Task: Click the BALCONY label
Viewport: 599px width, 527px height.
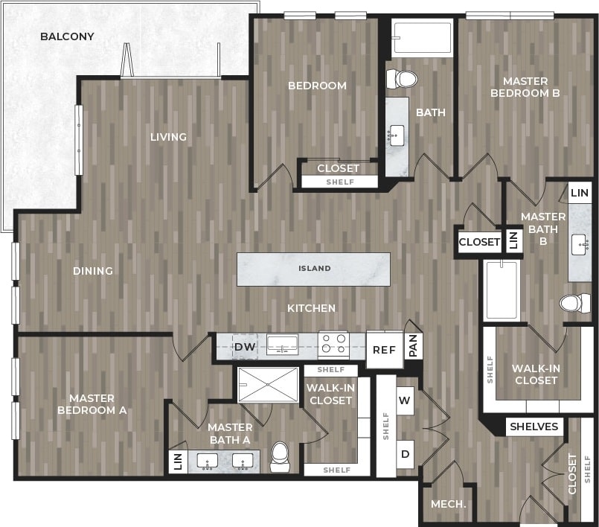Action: pos(67,36)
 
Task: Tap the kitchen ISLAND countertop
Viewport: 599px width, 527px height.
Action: pos(314,269)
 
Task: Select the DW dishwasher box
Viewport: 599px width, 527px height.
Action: pos(245,347)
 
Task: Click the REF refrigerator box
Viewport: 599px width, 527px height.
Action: pos(384,350)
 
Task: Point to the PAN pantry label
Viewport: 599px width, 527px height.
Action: pos(414,346)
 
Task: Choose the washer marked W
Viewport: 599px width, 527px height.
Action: pos(405,400)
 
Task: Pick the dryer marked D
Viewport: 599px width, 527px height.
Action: pos(405,454)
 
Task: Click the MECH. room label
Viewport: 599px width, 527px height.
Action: pos(449,504)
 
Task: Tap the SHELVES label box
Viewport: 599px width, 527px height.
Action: pos(534,427)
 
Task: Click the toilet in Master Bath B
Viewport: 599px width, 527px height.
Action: pos(575,303)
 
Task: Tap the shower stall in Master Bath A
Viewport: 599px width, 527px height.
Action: pos(268,384)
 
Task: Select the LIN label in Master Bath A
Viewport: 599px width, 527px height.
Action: pos(177,461)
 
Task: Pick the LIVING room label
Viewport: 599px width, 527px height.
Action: pos(168,137)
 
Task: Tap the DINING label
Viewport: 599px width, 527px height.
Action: pos(93,271)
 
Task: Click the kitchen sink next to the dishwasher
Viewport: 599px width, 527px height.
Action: pos(283,344)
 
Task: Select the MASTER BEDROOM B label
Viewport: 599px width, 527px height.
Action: pos(525,87)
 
